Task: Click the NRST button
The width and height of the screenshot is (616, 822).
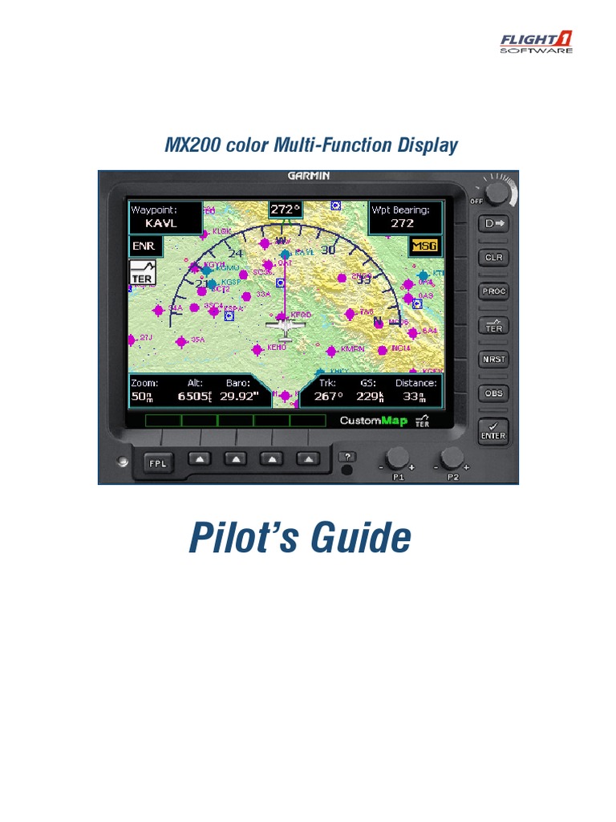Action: point(493,360)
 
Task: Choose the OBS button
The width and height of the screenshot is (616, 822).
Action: point(493,393)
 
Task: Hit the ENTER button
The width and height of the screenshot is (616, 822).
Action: point(493,431)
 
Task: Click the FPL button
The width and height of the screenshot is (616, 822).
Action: point(158,462)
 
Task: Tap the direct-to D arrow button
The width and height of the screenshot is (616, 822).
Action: point(493,224)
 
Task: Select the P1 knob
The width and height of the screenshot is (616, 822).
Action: point(397,459)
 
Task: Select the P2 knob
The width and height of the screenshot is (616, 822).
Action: point(452,459)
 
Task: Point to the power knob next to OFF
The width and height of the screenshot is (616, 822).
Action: point(497,193)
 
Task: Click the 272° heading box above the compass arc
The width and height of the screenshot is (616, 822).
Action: point(283,210)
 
